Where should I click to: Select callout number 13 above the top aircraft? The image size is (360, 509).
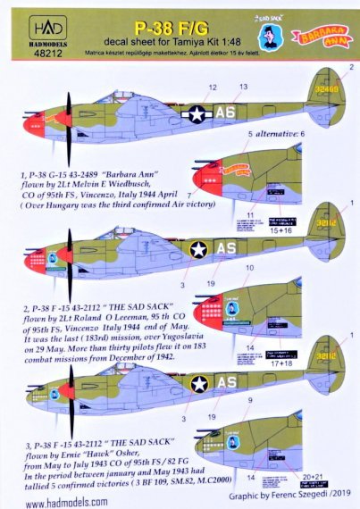click(243, 87)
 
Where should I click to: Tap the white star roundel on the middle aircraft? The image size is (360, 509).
click(199, 250)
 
